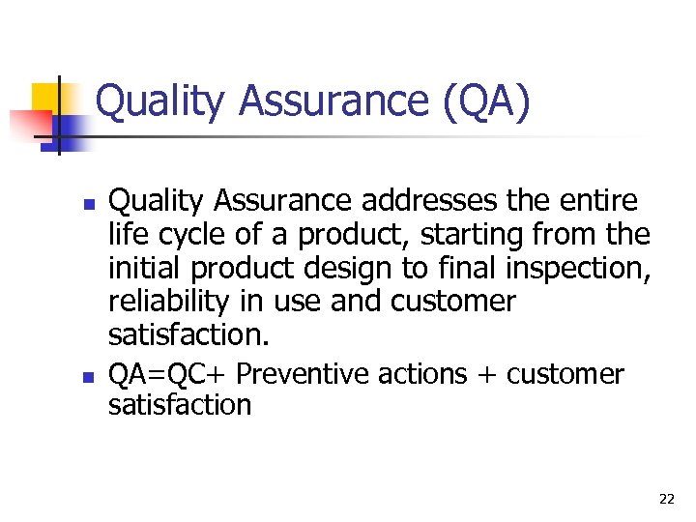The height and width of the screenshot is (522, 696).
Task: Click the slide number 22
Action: coord(666,500)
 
